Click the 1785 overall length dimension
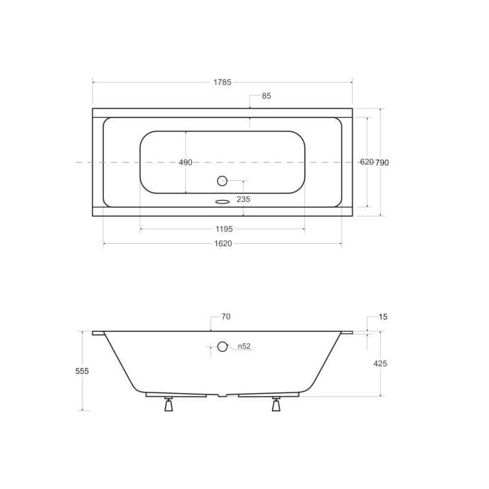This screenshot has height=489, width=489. (222, 83)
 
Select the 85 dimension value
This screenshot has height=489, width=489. (267, 96)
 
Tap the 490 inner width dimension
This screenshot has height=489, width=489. (186, 163)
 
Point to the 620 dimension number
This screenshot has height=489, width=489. (367, 162)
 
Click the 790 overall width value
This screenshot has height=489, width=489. (381, 163)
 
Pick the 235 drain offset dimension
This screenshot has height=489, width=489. (243, 199)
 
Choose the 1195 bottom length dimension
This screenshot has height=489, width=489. (224, 229)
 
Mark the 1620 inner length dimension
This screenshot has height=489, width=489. (223, 243)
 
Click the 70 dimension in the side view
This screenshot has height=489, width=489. (226, 317)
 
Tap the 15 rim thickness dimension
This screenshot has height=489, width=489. (383, 317)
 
